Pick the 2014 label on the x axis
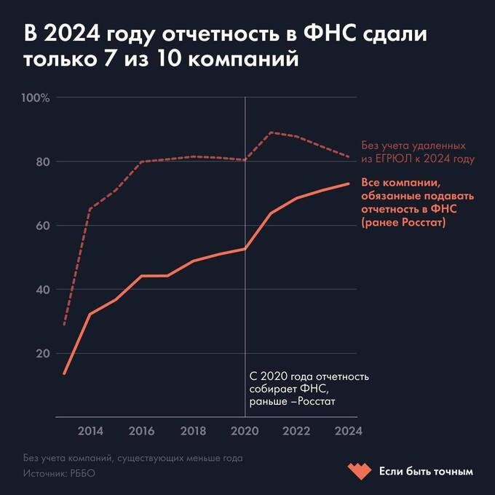(90, 430)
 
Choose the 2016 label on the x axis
(141, 430)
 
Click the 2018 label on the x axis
(193, 430)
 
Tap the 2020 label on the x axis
(245, 430)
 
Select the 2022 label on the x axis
(296, 430)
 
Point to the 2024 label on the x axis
(347, 430)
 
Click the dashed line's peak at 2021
(271, 132)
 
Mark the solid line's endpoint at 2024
(349, 183)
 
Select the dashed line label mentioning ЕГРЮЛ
(418, 152)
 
